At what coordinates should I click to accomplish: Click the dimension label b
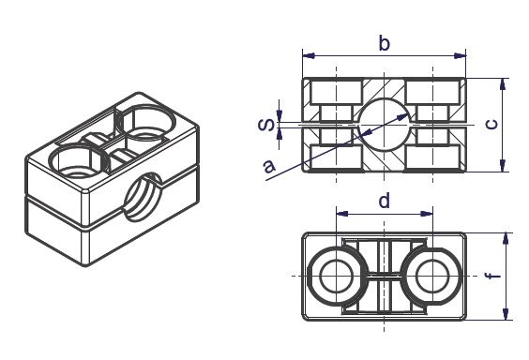(x=385, y=44)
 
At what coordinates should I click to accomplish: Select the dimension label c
(x=491, y=125)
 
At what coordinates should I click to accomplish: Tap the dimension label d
(x=385, y=201)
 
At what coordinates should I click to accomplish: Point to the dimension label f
(x=492, y=276)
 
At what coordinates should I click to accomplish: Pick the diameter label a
(x=269, y=166)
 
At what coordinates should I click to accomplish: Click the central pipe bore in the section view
(x=385, y=125)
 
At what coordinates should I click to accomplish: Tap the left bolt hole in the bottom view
(x=336, y=277)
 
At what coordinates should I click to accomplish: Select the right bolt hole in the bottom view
(x=432, y=277)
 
